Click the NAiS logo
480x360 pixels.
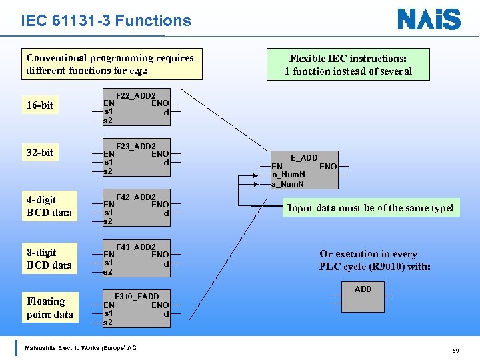429,19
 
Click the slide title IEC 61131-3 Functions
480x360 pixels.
106,21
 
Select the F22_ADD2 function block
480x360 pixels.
137,107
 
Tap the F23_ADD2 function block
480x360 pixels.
137,158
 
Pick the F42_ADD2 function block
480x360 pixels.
137,209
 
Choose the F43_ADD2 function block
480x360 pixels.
137,259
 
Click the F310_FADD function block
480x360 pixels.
137,309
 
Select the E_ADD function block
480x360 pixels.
305,171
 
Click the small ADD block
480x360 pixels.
363,297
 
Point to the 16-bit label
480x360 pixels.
40,105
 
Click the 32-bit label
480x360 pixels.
40,153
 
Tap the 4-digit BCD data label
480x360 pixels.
49,206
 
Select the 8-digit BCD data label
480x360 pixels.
49,259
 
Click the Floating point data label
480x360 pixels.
49,308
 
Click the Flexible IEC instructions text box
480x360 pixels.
348,65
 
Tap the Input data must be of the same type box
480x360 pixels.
370,208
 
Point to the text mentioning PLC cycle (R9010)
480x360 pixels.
375,261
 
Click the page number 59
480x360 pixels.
455,350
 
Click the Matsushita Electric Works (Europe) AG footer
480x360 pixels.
80,348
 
